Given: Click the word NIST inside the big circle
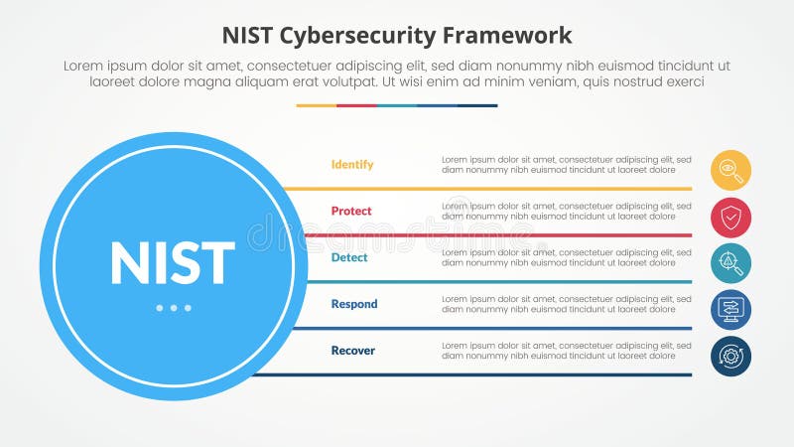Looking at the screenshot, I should (173, 263).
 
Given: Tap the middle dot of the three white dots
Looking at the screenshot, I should (174, 308).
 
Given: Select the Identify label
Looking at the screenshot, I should (352, 165).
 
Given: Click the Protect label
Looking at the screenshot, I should (351, 211).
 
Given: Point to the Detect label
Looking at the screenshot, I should (349, 257).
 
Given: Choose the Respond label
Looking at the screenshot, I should (354, 304).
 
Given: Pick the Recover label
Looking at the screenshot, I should (353, 351).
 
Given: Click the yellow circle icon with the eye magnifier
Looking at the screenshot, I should (730, 170).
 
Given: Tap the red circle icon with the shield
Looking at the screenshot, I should (730, 217).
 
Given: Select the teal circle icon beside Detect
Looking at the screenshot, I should (730, 263).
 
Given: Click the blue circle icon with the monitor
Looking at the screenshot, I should (730, 310).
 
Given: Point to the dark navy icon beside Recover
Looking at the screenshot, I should (730, 356).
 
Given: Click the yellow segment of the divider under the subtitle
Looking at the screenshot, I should (316, 105).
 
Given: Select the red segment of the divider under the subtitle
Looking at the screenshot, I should (356, 105).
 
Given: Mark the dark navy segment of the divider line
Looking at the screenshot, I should (477, 105).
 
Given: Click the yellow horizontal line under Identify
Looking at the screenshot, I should (486, 188).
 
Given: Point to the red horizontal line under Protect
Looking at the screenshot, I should (486, 234).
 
